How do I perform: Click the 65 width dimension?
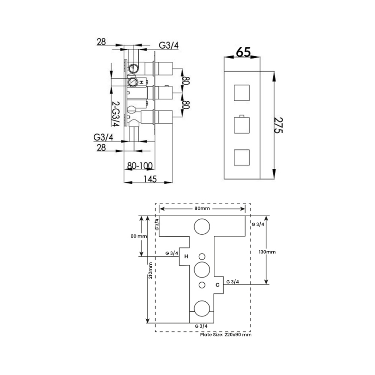pos(243,52)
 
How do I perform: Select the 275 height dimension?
pos(278,125)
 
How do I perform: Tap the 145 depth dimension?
pos(150,179)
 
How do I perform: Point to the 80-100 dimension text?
pos(140,165)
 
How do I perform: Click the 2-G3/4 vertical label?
pos(116,114)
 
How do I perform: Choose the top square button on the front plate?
pos(242,93)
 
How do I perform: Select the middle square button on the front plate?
pos(242,125)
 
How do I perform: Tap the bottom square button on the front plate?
pos(242,157)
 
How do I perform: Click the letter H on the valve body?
pos(186,256)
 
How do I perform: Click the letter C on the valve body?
pos(217,285)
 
